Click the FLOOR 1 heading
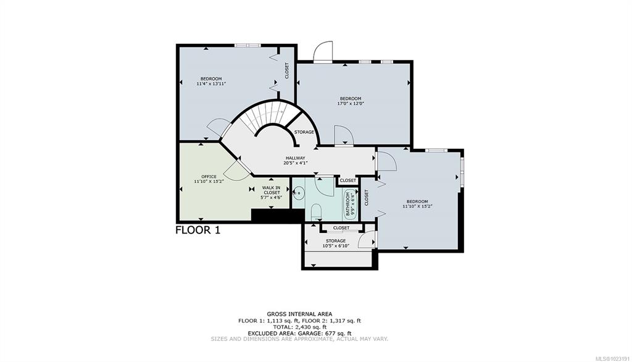198,230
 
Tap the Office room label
209,176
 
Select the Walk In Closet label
272,190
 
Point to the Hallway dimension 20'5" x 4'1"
296,163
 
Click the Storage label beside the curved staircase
304,132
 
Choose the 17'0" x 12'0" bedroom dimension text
351,103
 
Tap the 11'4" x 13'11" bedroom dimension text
211,83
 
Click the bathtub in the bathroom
350,204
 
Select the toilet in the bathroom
317,211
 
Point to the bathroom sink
299,194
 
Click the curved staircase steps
266,117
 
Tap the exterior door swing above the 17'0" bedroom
323,51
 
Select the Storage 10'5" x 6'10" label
336,243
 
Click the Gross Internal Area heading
299,314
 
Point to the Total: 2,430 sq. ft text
299,327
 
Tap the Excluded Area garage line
299,334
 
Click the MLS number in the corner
612,358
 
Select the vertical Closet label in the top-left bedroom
287,70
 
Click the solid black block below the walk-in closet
277,216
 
